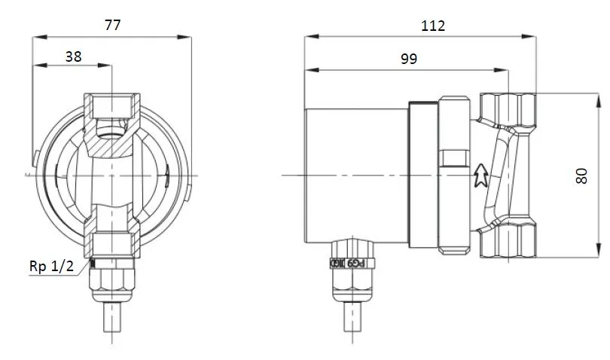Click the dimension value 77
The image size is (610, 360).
(112, 24)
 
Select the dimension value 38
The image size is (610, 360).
(73, 55)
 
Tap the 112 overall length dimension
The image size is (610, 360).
(433, 25)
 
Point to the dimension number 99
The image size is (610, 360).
(408, 59)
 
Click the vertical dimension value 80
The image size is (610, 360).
(581, 176)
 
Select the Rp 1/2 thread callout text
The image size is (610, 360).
(51, 267)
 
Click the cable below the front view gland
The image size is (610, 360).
(111, 320)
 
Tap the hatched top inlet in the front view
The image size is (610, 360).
(111, 109)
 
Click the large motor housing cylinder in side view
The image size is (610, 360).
(355, 175)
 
